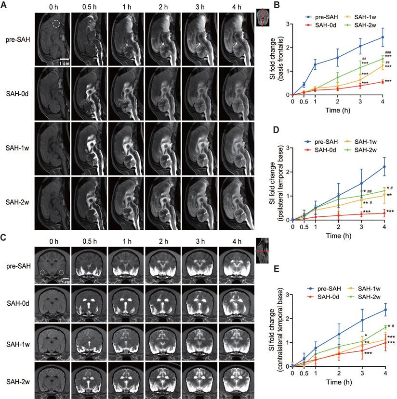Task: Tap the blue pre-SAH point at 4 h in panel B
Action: pyautogui.click(x=383, y=37)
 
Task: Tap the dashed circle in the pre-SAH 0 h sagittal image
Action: pyautogui.click(x=56, y=23)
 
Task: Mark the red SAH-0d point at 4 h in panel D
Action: pyautogui.click(x=383, y=212)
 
